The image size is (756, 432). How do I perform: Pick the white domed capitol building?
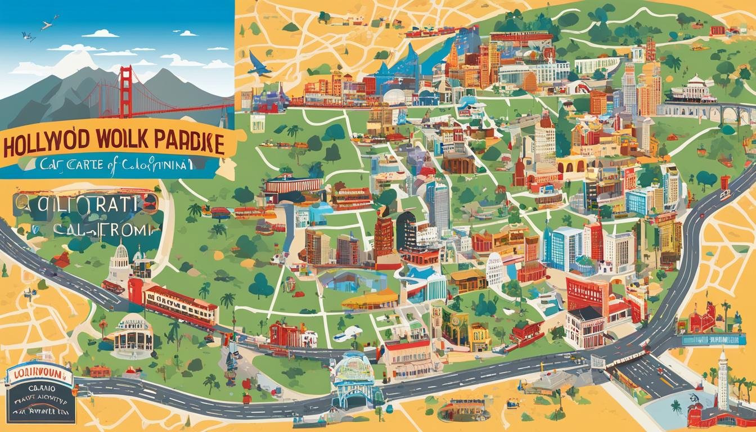(120, 264)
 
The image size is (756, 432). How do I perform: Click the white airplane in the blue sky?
(49, 24)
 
